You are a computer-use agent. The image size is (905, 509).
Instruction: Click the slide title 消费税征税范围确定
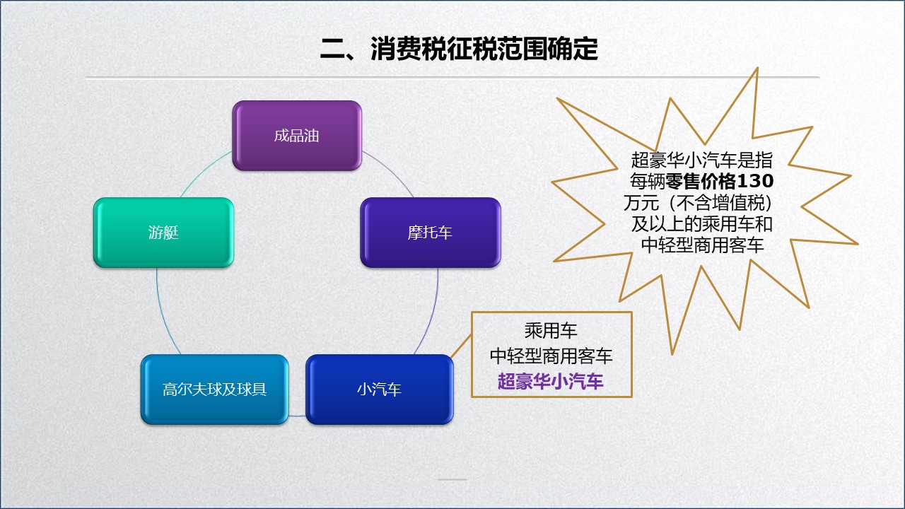459,49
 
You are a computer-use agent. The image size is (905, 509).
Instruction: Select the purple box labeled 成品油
297,136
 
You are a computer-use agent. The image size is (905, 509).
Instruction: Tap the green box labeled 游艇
163,233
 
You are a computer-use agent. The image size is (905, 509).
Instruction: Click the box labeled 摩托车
430,233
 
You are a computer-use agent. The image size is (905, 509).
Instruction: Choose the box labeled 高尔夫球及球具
214,390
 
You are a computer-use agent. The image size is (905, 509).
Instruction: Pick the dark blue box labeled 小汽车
379,390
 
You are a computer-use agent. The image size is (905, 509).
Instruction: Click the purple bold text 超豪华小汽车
551,382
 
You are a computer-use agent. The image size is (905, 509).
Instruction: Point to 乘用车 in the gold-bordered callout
551,330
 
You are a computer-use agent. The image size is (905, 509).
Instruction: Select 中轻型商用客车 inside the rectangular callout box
551,356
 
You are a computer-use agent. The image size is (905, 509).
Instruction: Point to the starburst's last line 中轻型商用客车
701,245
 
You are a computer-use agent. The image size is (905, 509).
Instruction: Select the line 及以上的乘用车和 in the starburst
701,224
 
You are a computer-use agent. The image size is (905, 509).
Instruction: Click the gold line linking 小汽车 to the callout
461,346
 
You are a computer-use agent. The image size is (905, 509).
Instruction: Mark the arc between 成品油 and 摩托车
391,171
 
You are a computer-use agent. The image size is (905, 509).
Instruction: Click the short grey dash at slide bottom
452,479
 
